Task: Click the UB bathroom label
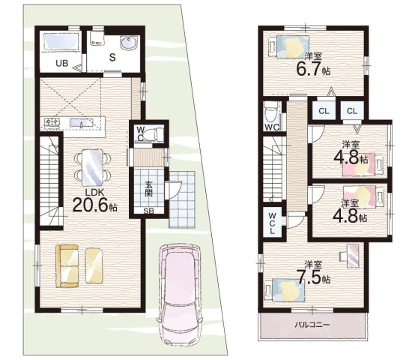pyautogui.click(x=62, y=63)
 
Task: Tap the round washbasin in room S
pyautogui.click(x=129, y=43)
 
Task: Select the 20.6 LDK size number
pyautogui.click(x=91, y=205)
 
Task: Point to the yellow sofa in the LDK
pyautogui.click(x=67, y=266)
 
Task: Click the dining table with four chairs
pyautogui.click(x=92, y=167)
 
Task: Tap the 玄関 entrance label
pyautogui.click(x=148, y=189)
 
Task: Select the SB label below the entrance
pyautogui.click(x=149, y=211)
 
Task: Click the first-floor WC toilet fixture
pyautogui.click(x=155, y=133)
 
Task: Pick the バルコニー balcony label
pyautogui.click(x=312, y=325)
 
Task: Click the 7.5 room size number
pyautogui.click(x=309, y=278)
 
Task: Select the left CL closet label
pyautogui.click(x=324, y=111)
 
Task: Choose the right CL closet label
pyautogui.click(x=352, y=111)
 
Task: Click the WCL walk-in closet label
pyautogui.click(x=272, y=223)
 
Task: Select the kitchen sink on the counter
pyautogui.click(x=82, y=123)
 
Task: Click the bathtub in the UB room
pyautogui.click(x=61, y=41)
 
